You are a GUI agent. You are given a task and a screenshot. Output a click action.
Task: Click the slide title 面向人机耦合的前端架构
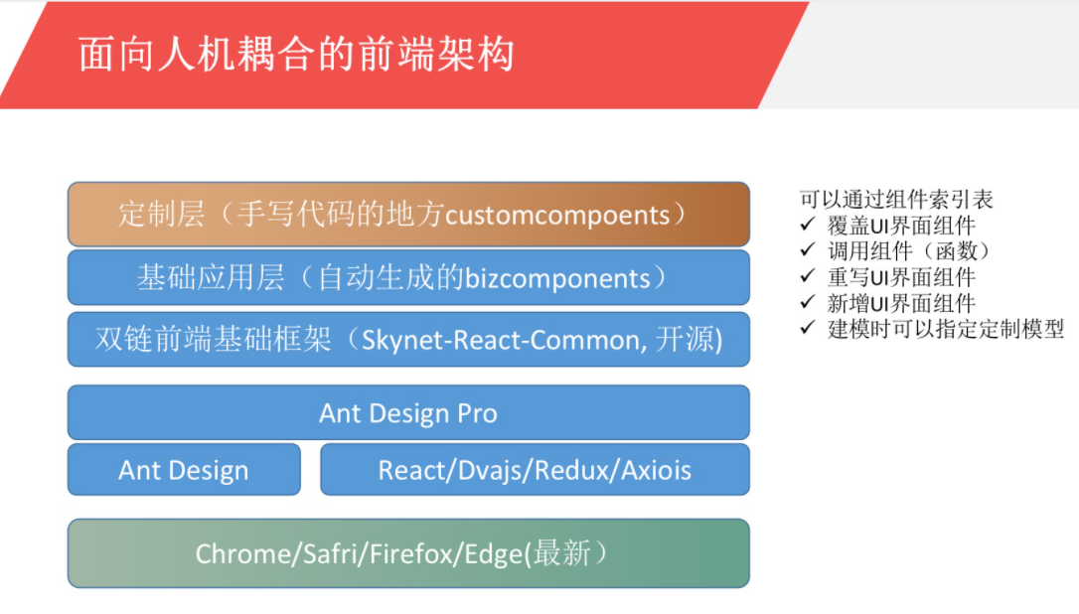click(296, 55)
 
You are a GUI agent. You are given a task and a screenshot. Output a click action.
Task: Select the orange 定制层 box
click(408, 214)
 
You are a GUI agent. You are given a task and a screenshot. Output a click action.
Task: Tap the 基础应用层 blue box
click(408, 277)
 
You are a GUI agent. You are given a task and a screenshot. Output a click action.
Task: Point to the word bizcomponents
click(557, 279)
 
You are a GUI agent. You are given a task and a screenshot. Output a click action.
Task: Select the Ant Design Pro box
click(408, 412)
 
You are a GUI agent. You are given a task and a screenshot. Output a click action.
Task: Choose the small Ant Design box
click(184, 470)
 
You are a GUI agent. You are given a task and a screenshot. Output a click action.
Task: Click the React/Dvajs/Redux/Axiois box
click(535, 470)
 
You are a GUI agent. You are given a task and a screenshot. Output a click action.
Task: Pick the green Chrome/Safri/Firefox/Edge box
click(408, 553)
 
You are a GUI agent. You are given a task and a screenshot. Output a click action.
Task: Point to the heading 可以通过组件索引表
click(896, 200)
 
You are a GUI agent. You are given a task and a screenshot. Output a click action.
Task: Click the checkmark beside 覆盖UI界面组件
click(808, 225)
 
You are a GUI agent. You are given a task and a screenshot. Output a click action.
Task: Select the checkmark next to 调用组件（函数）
click(808, 249)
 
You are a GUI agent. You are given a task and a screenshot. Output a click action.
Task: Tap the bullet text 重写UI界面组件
click(901, 277)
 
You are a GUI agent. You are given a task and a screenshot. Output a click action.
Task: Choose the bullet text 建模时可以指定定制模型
click(946, 329)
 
